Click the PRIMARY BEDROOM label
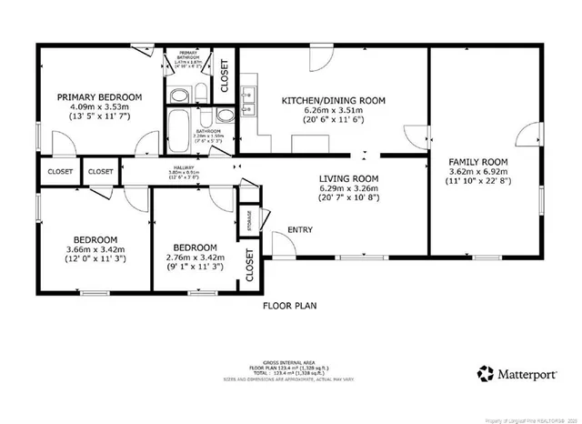pyautogui.click(x=100, y=97)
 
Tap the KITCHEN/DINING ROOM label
pyautogui.click(x=334, y=100)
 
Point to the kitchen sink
pyautogui.click(x=247, y=96)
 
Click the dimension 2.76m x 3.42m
pyautogui.click(x=195, y=258)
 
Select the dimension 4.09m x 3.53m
pyautogui.click(x=100, y=108)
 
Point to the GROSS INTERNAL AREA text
pyautogui.click(x=290, y=361)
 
